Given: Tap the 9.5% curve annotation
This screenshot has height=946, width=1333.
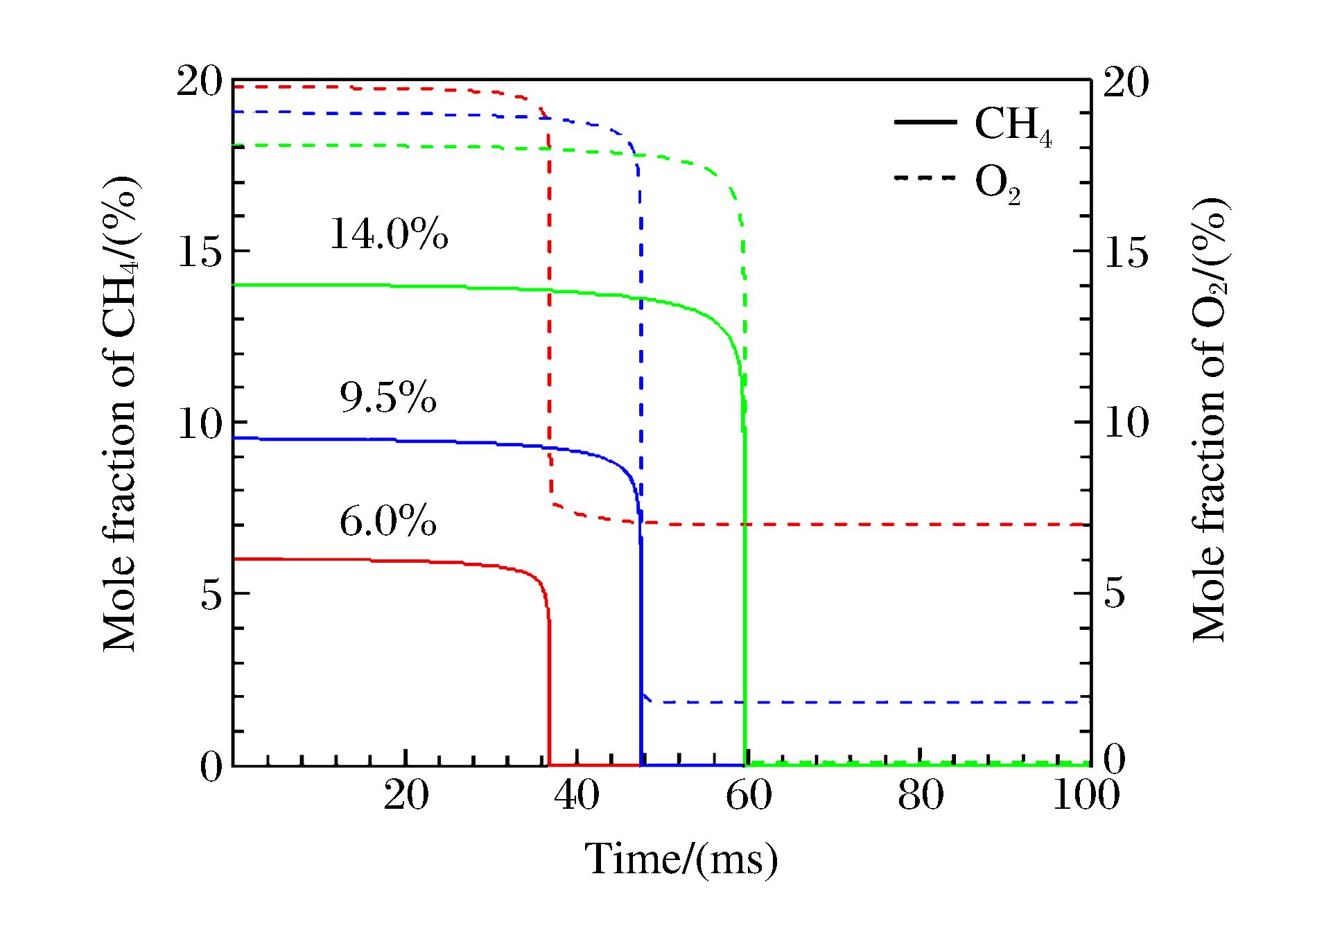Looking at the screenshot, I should pyautogui.click(x=388, y=397).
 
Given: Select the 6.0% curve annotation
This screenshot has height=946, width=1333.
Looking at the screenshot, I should pyautogui.click(x=388, y=521).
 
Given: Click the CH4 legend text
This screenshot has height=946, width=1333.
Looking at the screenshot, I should pyautogui.click(x=1013, y=125).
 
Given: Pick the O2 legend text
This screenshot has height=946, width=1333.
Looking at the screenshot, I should pyautogui.click(x=997, y=184).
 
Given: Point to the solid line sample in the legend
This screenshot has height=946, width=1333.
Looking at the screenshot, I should pyautogui.click(x=925, y=122).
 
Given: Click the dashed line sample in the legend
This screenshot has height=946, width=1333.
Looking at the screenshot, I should pyautogui.click(x=925, y=178).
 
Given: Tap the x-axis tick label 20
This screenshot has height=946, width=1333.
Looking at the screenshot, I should pyautogui.click(x=406, y=795).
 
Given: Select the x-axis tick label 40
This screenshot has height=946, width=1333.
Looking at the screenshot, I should pyautogui.click(x=577, y=795).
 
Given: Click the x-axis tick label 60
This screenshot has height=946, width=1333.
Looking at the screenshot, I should pyautogui.click(x=749, y=795).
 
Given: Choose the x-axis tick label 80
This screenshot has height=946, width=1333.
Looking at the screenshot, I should pyautogui.click(x=921, y=795).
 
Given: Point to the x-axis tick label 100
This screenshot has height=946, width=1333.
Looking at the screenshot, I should pyautogui.click(x=1086, y=795).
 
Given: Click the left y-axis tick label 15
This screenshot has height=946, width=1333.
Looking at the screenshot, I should pyautogui.click(x=200, y=252).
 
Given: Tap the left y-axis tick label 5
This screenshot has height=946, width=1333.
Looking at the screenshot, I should pyautogui.click(x=211, y=595).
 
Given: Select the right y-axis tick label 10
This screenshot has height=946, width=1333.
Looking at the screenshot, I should pyautogui.click(x=1126, y=423).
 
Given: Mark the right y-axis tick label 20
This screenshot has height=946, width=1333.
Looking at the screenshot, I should pyautogui.click(x=1126, y=82).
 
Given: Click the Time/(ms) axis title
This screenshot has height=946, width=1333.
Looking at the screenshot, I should pyautogui.click(x=681, y=859).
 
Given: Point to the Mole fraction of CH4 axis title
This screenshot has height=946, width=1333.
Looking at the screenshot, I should pyautogui.click(x=121, y=414).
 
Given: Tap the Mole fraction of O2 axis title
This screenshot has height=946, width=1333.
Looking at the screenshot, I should pyautogui.click(x=1210, y=419).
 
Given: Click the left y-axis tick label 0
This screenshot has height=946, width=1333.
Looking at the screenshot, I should pyautogui.click(x=211, y=767).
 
